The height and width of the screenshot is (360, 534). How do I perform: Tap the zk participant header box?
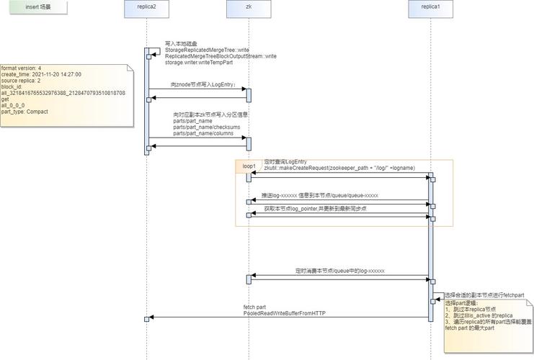(x=249, y=8)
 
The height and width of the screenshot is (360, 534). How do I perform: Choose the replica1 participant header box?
(x=431, y=8)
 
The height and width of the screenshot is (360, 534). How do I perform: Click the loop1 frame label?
(x=249, y=166)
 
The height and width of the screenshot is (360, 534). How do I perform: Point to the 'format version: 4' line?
(x=21, y=68)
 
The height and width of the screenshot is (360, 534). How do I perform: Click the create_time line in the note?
(x=41, y=74)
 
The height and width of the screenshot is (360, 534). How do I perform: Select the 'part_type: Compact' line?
(x=25, y=112)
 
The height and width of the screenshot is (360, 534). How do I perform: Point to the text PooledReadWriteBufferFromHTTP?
(x=285, y=313)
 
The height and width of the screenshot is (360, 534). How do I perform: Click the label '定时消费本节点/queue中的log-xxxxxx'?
(x=340, y=271)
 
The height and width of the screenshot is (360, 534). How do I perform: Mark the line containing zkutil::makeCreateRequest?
(x=339, y=168)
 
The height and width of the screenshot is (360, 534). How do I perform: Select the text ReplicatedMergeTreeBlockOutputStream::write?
(x=221, y=56)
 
